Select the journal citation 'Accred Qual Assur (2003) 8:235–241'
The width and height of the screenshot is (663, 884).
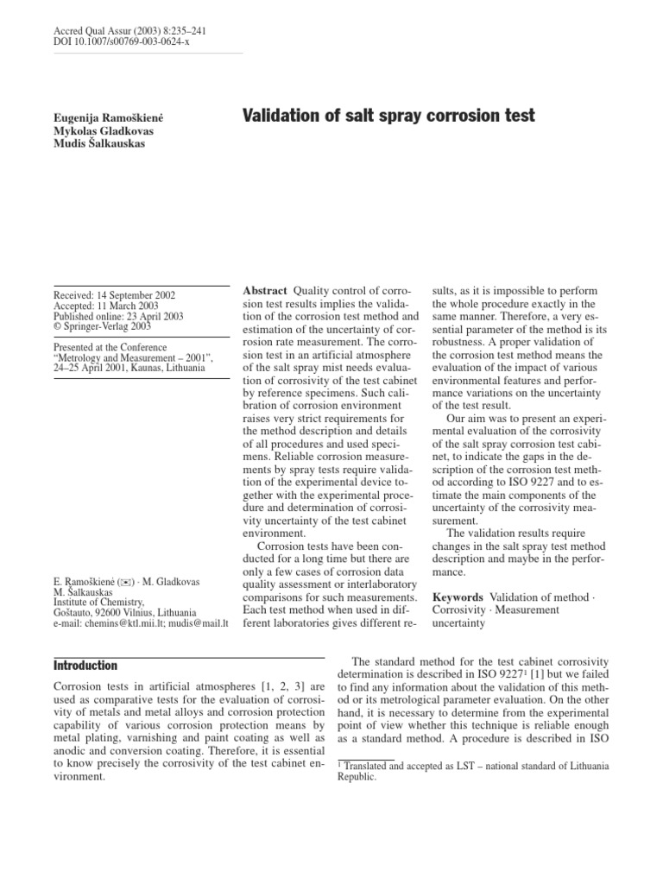[x=129, y=31]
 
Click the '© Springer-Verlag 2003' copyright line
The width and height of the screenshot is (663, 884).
[x=100, y=328]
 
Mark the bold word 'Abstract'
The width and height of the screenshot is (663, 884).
[x=265, y=291]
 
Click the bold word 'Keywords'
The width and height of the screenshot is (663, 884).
[x=457, y=597]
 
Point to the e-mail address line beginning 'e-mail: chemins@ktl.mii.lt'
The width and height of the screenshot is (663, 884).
[x=140, y=622]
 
